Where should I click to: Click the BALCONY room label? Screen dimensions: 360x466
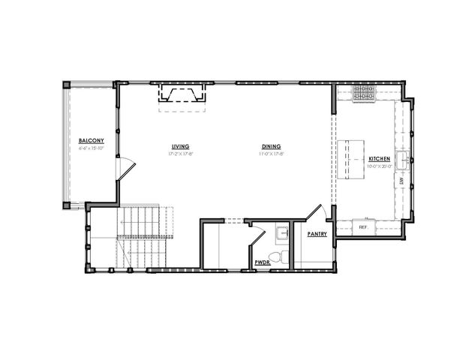coord(91,141)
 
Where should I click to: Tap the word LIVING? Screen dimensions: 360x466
coord(180,146)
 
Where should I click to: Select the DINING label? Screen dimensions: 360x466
coord(272,146)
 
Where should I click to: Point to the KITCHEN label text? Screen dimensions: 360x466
coord(379,159)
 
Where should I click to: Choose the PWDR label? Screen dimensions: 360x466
coord(261,262)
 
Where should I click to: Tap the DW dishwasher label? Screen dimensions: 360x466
coord(403,181)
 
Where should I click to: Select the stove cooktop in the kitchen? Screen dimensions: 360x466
coord(364,93)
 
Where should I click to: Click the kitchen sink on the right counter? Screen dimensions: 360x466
coord(403,159)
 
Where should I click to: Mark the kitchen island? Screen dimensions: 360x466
coord(350,159)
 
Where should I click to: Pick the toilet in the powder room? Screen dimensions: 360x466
coord(276,258)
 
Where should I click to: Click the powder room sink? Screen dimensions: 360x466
coord(281,233)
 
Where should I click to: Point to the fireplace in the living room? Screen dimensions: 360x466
coord(181,95)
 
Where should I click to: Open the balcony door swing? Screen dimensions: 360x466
coord(126,168)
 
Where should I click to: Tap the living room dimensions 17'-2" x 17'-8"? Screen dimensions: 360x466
coord(180,154)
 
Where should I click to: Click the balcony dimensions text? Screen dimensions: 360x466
coord(91,148)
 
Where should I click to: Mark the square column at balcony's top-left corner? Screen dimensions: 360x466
coord(67,84)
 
